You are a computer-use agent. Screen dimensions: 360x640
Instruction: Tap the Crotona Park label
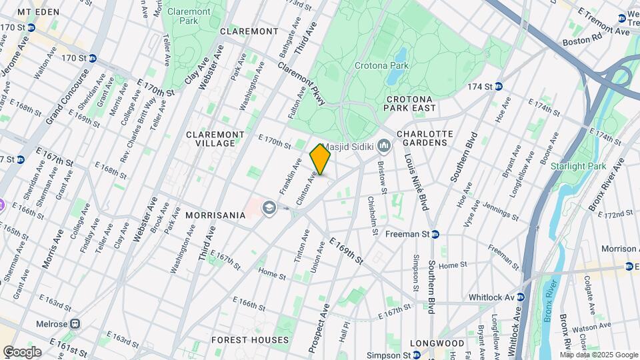[x=381, y=66]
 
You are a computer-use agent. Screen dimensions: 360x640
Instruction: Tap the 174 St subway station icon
[x=498, y=87]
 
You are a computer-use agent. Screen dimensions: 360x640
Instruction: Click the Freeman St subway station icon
[x=435, y=234]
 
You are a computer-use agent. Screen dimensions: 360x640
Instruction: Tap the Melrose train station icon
[x=76, y=324]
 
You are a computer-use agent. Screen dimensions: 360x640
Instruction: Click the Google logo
[x=22, y=352]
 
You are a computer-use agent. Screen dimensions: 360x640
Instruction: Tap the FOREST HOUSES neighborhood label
[x=250, y=340]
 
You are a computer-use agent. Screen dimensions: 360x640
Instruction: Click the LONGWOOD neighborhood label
[x=437, y=343]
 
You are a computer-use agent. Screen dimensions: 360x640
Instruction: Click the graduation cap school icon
[x=269, y=208]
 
